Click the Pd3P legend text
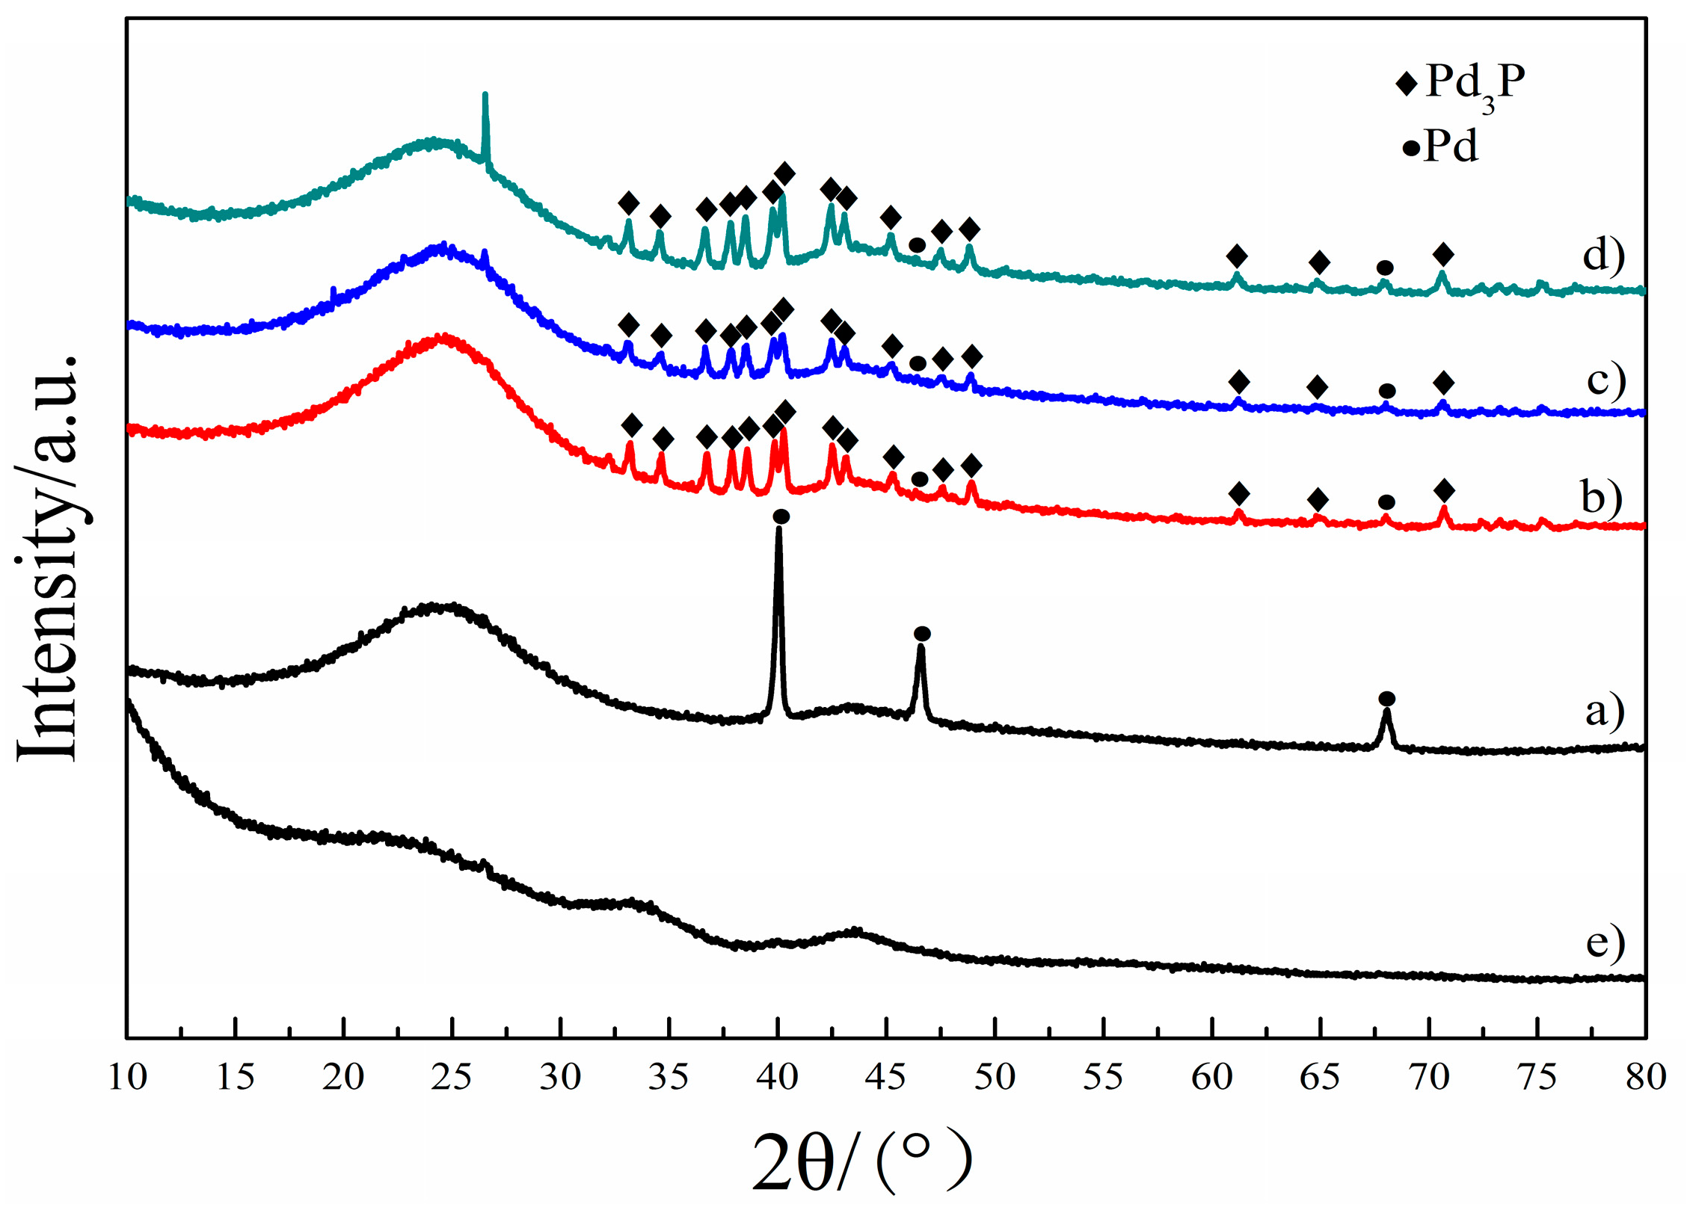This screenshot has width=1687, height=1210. (1475, 84)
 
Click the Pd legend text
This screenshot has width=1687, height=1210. (1451, 146)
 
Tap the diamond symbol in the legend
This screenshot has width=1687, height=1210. (1406, 84)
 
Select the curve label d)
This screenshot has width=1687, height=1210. (1603, 256)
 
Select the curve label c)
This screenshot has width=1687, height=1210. (1605, 380)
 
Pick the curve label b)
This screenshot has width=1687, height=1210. (1601, 496)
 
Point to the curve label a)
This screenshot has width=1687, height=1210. (1605, 710)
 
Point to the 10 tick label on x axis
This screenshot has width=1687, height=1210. (127, 1077)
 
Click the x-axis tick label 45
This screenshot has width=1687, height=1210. (887, 1077)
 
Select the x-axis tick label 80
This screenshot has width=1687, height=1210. (1645, 1077)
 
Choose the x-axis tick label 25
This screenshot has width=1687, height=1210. (452, 1077)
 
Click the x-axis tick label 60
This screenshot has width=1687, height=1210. (1211, 1077)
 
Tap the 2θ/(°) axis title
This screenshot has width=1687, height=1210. (860, 1161)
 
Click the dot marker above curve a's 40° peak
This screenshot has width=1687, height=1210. (781, 516)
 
